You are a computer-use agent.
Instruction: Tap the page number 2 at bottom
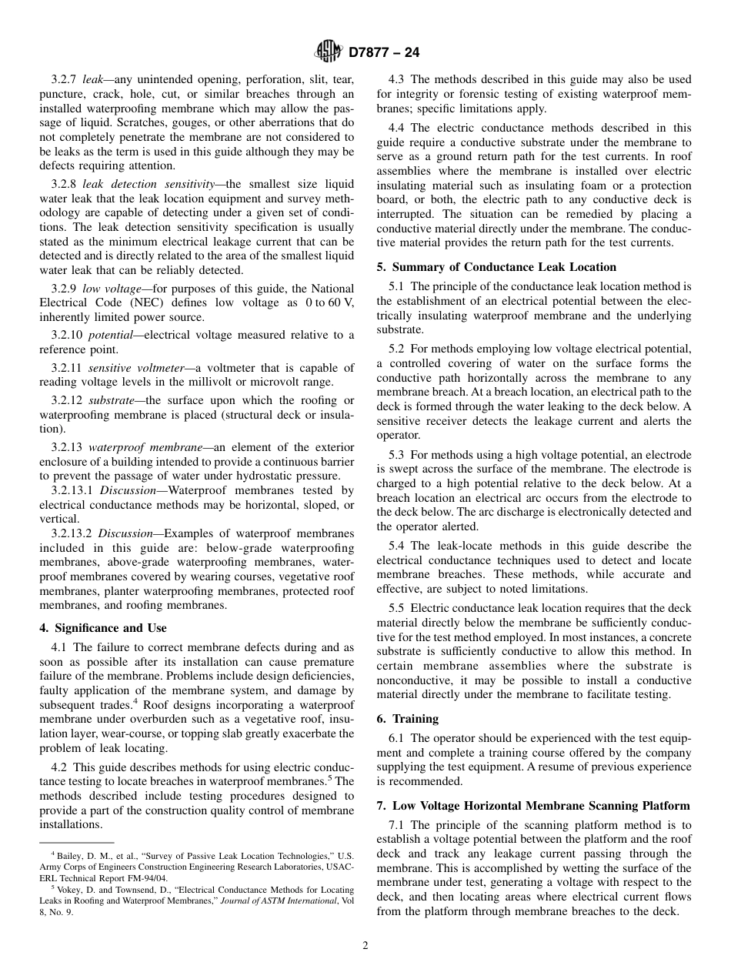click(x=365, y=946)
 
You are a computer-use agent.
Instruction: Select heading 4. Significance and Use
click(x=103, y=628)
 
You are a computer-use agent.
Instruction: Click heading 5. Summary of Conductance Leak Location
click(x=496, y=267)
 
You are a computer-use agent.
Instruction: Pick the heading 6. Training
click(x=408, y=719)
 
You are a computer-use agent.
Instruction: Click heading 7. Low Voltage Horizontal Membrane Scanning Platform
click(x=533, y=806)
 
